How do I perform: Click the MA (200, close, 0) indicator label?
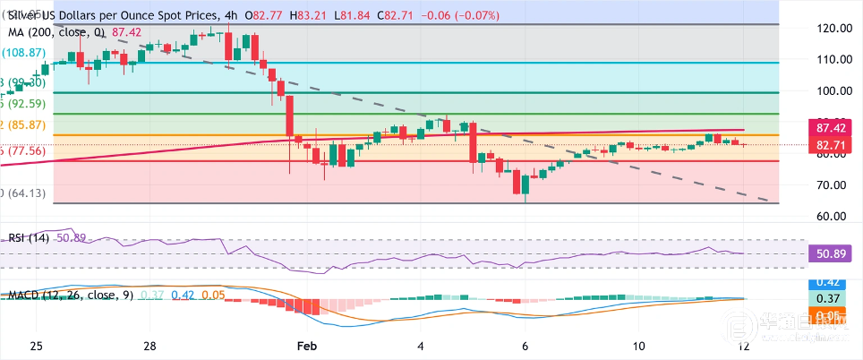54,31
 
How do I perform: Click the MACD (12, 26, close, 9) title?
69,295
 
